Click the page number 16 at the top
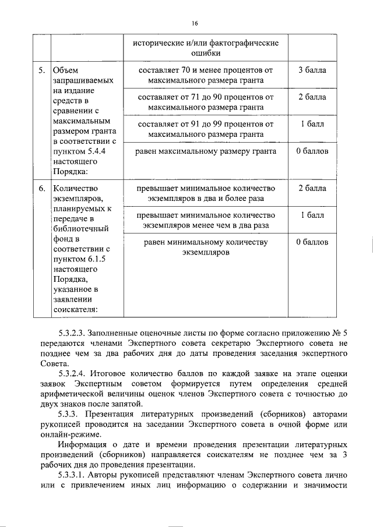[x=194, y=23]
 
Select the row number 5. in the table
[x=41, y=71]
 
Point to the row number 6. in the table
[x=41, y=189]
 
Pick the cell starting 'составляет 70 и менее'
[x=206, y=76]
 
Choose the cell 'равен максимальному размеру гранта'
[x=206, y=151]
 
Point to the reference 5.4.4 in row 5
[x=90, y=151]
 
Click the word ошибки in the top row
[x=206, y=54]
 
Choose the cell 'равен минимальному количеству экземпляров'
[x=206, y=247]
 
